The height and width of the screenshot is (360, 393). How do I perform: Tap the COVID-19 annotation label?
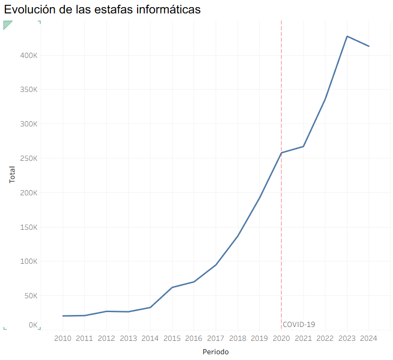[299, 325]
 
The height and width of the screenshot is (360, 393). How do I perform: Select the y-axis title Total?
[12, 175]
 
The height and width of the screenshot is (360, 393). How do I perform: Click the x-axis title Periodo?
[215, 352]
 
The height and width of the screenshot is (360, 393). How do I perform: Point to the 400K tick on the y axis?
[29, 56]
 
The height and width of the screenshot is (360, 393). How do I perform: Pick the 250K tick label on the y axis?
[29, 158]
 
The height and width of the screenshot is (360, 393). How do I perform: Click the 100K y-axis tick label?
[29, 261]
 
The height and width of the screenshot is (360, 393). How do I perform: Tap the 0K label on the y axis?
[33, 325]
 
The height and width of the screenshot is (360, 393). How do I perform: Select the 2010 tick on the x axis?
[63, 338]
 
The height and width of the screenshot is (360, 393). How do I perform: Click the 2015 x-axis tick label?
[172, 338]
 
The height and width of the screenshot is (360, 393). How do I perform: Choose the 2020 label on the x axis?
[281, 338]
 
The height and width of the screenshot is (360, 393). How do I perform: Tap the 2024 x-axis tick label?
[369, 338]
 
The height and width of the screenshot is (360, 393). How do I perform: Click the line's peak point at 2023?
[347, 36]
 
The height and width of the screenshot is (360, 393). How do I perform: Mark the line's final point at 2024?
[369, 46]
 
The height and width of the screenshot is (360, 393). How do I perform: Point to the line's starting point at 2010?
[63, 316]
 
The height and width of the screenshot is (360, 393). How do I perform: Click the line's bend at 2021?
[303, 146]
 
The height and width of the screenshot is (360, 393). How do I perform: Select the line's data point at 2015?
[172, 287]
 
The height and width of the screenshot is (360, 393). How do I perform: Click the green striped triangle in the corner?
[7, 24]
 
